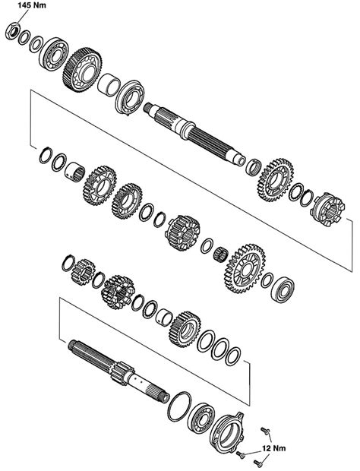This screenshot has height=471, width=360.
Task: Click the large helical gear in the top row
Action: point(81,68)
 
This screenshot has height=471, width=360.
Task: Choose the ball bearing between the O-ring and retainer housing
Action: point(201,416)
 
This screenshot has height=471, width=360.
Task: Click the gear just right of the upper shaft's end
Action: point(274,179)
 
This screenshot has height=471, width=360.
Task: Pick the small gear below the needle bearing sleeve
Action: point(82,271)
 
